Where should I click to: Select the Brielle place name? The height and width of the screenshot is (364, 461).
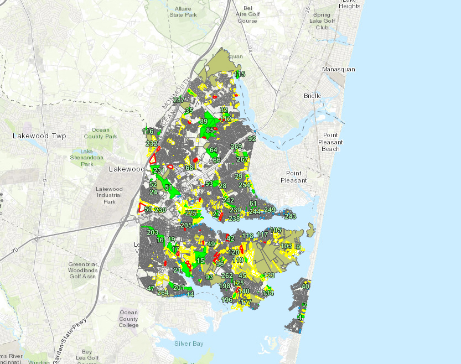coord(312,96)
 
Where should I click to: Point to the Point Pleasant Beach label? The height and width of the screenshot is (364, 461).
coord(331,142)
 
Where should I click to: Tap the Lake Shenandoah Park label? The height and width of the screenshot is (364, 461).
coord(86,158)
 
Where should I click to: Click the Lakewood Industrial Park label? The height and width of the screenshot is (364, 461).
coord(109,195)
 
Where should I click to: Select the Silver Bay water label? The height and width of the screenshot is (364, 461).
coord(189,344)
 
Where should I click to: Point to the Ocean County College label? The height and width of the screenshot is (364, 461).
coord(128,319)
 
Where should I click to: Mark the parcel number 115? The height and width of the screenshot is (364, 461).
coord(239,74)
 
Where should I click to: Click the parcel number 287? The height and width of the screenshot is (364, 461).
coord(178,100)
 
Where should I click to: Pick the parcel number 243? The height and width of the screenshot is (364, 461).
coord(290,216)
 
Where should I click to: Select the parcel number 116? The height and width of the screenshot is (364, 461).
coord(148,132)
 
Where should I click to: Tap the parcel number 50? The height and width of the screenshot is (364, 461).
coord(148,209)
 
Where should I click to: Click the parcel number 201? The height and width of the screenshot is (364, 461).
coord(178,288)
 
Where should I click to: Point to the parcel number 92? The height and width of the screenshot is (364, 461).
coord(252,139)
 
